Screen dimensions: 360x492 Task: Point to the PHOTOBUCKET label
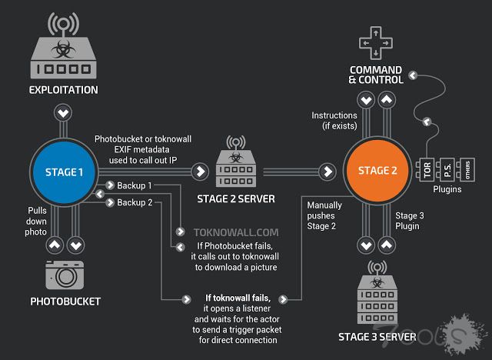(65, 302)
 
